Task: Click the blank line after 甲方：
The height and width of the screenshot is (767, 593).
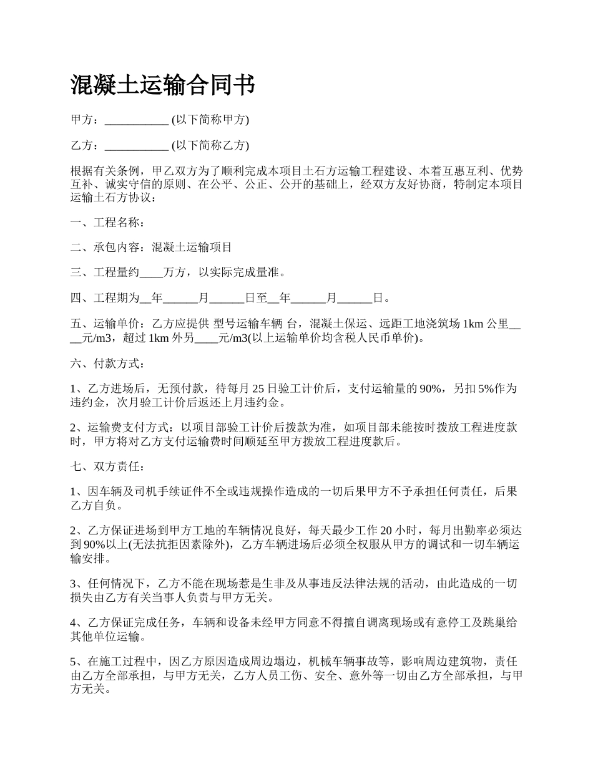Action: pos(136,120)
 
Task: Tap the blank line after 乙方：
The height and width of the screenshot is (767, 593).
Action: pos(136,146)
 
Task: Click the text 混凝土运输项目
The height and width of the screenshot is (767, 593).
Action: pos(192,248)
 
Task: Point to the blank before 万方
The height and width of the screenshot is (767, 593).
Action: pos(150,273)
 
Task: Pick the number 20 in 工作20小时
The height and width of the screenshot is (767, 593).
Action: pos(386,531)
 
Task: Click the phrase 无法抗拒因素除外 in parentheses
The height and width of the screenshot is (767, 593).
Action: pos(178,544)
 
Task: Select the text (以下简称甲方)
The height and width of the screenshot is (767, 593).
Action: pos(210,120)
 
